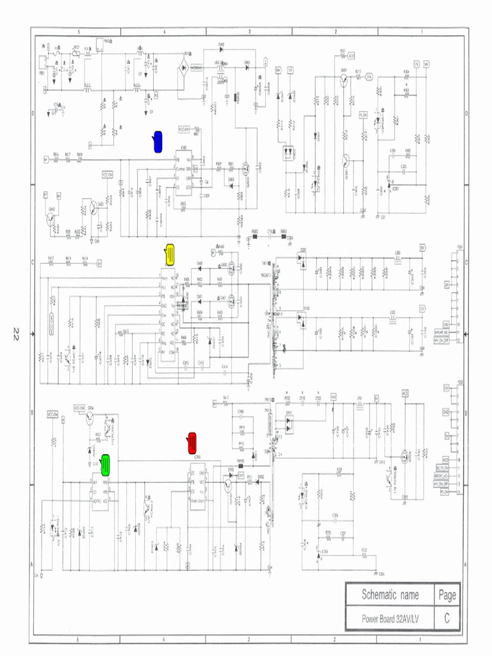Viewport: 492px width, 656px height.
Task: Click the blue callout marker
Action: pos(158,142)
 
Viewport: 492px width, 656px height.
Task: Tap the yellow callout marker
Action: pos(170,254)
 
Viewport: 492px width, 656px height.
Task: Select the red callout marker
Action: pos(192,443)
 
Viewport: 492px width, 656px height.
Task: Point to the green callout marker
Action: pos(105,464)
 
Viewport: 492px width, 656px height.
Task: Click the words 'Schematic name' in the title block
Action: pos(390,595)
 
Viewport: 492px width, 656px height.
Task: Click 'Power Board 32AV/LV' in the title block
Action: pos(390,619)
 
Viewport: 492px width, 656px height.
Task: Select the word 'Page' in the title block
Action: pos(447,595)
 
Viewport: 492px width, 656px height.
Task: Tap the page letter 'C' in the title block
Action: pos(447,619)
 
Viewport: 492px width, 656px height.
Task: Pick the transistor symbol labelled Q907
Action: pos(344,79)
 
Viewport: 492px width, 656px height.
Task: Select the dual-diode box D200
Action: pos(302,259)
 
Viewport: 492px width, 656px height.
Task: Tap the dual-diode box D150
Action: pos(302,317)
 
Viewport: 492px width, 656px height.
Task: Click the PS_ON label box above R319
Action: pos(363,114)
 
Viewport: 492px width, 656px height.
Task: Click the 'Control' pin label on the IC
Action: pos(181,168)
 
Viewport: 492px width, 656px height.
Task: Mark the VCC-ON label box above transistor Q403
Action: pos(107,174)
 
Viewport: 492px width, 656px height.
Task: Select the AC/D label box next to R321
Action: pos(351,56)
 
